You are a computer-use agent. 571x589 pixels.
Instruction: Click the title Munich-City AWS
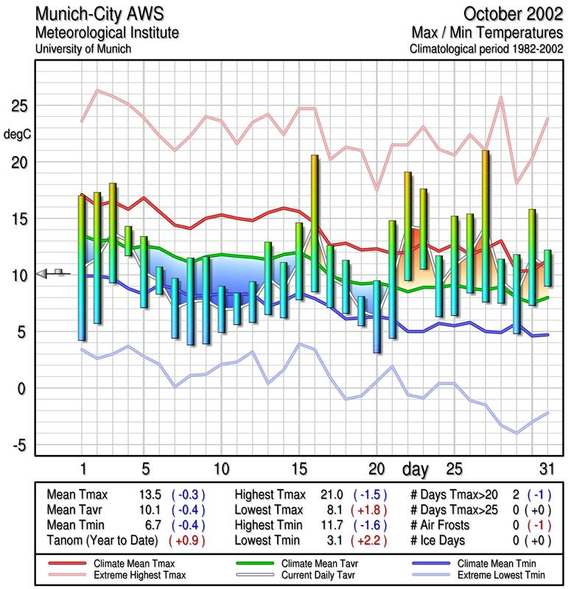coord(100,14)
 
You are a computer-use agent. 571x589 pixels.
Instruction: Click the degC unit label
coord(18,134)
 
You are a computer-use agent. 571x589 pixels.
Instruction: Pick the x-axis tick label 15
coord(299,469)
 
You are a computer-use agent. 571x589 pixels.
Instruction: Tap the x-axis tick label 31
coord(546,469)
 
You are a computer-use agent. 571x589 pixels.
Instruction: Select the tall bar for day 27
coord(486,225)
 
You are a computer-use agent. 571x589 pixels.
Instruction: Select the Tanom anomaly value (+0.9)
coord(187,540)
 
